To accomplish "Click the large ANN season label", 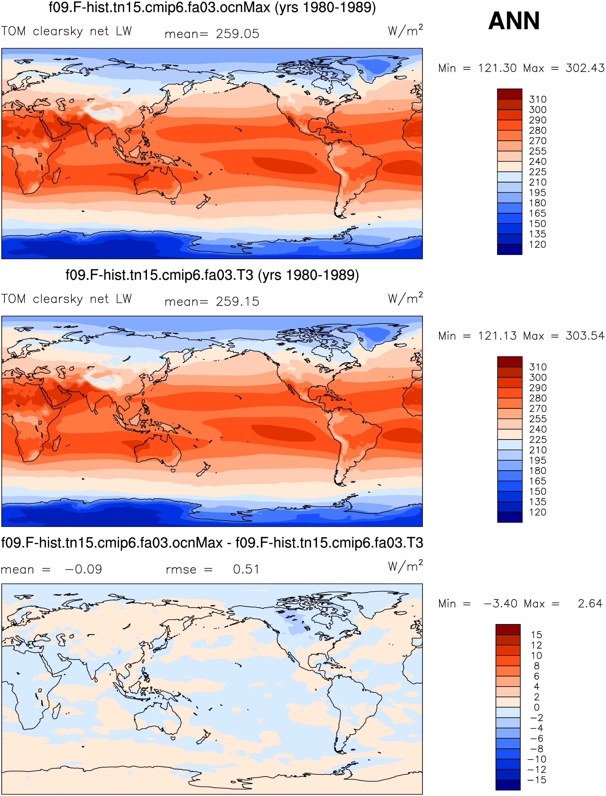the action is pyautogui.click(x=514, y=21).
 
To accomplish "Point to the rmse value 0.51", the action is pyautogui.click(x=246, y=570).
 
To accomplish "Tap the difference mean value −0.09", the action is pyautogui.click(x=83, y=570).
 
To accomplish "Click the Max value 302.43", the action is pyautogui.click(x=585, y=68).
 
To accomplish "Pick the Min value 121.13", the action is pyautogui.click(x=498, y=336).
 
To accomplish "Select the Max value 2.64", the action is pyautogui.click(x=590, y=604).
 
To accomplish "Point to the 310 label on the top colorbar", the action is pyautogui.click(x=538, y=99).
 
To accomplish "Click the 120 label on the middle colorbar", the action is pyautogui.click(x=538, y=512).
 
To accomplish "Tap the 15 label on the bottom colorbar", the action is pyautogui.click(x=536, y=635).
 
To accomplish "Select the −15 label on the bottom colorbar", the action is pyautogui.click(x=537, y=780).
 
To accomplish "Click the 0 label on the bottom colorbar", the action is pyautogui.click(x=537, y=708).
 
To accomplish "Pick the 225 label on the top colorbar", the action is pyautogui.click(x=538, y=172).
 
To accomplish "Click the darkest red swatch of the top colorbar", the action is pyautogui.click(x=509, y=94).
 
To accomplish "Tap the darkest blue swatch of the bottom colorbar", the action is pyautogui.click(x=508, y=785).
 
